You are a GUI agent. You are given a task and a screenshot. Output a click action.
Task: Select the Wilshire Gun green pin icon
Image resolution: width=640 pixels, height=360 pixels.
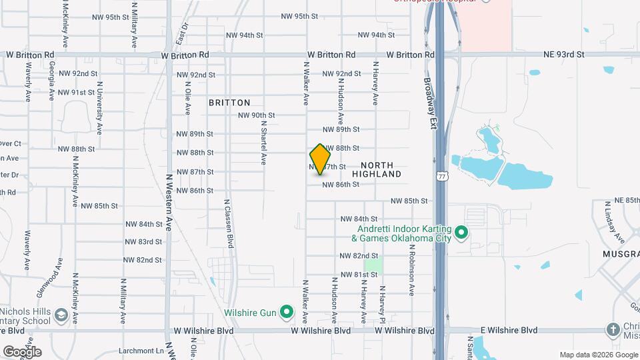(287, 311)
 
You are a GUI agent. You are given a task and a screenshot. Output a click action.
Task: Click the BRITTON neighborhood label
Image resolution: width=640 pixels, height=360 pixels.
(229, 103)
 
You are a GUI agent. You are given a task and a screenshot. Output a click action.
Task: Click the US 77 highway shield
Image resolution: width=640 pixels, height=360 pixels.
(441, 176)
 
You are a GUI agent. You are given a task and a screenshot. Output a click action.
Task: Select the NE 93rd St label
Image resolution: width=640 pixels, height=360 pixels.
(563, 54)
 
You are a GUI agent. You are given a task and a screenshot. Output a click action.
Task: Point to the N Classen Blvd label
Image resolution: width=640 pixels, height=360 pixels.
(229, 223)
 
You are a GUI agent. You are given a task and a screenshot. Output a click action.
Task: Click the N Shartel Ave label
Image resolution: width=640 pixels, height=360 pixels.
(263, 142)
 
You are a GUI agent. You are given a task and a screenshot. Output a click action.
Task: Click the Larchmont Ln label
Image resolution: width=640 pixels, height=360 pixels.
(142, 350)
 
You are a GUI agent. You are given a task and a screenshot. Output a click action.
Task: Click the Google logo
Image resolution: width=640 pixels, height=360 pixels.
(22, 351)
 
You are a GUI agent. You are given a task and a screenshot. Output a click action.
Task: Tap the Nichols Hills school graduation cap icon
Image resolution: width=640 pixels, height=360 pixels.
(61, 314)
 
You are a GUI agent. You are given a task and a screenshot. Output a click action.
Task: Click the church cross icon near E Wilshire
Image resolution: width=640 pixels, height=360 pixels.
(613, 329)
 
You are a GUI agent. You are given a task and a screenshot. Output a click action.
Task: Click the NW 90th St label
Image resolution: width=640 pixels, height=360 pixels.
(257, 115)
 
